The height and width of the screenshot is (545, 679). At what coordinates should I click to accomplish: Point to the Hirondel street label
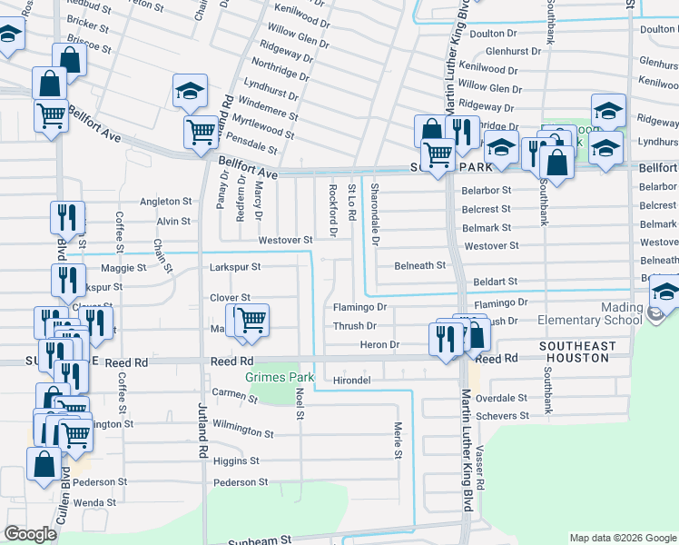point(353,380)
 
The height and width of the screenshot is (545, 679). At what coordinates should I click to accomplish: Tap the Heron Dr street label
point(379,345)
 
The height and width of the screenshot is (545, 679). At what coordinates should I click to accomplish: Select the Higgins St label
point(235,461)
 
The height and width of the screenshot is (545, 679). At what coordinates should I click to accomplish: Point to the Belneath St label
point(419,265)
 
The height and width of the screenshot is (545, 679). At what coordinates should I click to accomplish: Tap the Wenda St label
point(94,502)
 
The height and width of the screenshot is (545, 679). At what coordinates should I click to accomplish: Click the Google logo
point(30,535)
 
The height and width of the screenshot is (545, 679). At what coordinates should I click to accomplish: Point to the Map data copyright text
point(623,538)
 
